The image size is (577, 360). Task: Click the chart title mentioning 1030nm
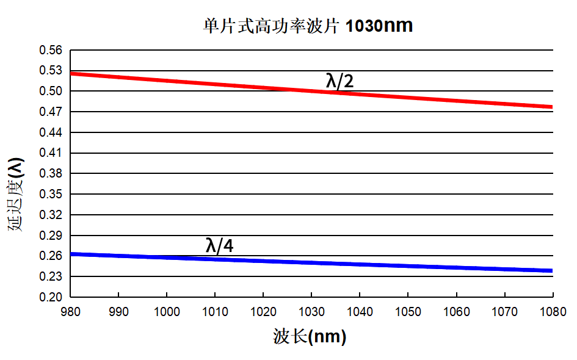point(308,26)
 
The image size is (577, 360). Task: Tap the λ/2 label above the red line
point(339,81)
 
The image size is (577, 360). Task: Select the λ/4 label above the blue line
point(220,245)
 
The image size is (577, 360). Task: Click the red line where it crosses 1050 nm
point(408,97)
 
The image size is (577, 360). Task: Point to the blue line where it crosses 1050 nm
point(408,266)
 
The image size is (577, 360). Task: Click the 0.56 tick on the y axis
point(51,50)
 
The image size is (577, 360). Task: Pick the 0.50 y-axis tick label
point(51,92)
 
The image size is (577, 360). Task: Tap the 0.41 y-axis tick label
point(51,153)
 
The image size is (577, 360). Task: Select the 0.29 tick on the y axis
point(51,236)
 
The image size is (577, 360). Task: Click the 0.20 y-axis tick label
point(51,297)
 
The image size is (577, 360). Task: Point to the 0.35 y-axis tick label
point(51,195)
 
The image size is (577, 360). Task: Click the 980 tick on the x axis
point(71,312)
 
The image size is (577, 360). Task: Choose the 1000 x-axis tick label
point(167,312)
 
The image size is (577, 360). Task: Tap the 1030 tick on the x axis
point(311,312)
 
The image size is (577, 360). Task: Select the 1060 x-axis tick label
point(456,312)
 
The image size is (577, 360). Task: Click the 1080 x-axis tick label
point(553,312)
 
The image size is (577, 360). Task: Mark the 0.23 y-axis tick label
point(51,276)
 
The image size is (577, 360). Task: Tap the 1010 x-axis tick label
point(215,312)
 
